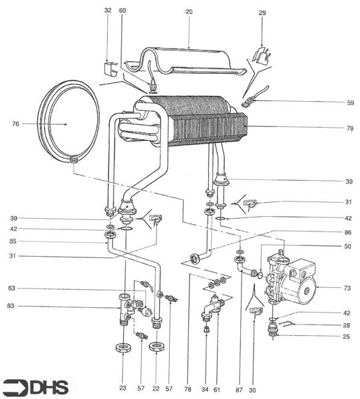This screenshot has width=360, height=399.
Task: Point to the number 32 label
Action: click(108, 11)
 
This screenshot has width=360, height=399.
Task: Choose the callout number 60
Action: click(122, 11)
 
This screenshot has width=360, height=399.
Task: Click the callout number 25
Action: click(347, 337)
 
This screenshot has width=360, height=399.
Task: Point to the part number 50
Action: click(347, 246)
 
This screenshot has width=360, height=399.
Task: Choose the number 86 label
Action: click(347, 233)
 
